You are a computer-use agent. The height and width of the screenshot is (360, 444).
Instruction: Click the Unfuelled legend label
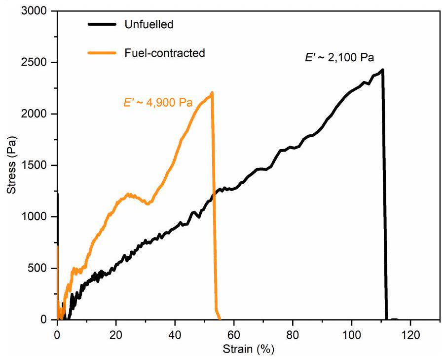click(149, 24)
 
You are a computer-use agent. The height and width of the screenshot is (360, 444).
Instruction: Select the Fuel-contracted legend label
click(164, 53)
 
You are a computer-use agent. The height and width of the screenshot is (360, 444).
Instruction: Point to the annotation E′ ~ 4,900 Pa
click(157, 103)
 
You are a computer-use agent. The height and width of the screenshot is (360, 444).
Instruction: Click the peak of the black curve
click(382, 70)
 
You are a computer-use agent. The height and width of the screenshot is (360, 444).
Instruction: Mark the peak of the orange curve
click(212, 92)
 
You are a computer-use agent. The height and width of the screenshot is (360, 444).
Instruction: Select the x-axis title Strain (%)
click(248, 349)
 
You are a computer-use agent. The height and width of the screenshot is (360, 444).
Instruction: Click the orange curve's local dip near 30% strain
click(147, 203)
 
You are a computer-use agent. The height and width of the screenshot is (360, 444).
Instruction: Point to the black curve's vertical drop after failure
click(384, 198)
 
